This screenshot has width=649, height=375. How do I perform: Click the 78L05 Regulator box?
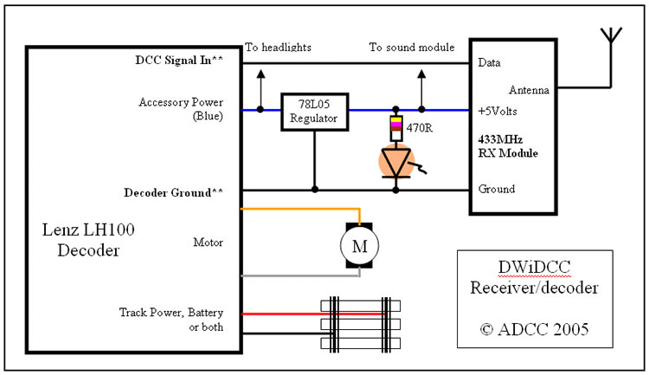tap(313, 110)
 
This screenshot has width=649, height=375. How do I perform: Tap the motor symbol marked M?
tap(358, 246)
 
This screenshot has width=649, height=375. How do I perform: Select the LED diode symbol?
tap(395, 163)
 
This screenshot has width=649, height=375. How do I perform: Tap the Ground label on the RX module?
tap(497, 189)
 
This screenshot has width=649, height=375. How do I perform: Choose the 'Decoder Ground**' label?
tap(183, 189)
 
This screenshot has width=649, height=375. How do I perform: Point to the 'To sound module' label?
tap(411, 47)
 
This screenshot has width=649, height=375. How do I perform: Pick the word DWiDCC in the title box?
tap(535, 268)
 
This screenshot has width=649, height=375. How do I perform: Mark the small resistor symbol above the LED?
tap(395, 127)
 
